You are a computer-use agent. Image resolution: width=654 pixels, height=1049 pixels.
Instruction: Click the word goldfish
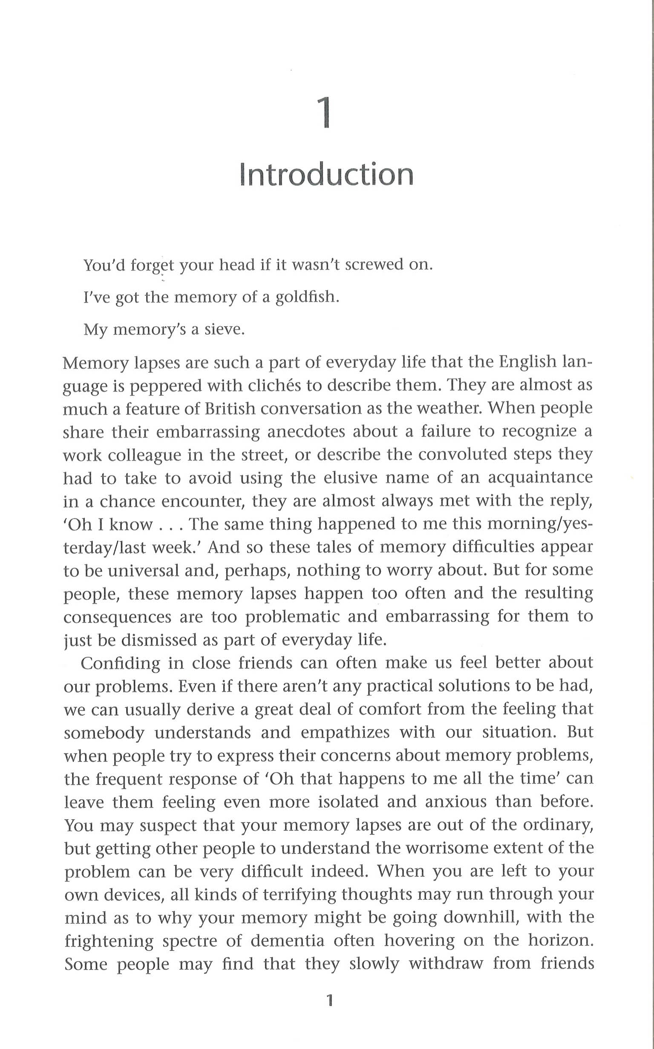tap(307, 297)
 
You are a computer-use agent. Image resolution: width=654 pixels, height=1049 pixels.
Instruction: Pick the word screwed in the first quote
tap(374, 264)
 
